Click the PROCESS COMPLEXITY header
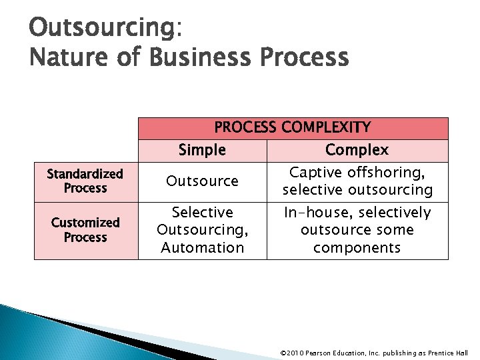point(292,127)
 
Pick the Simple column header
point(202,150)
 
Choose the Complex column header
point(357,150)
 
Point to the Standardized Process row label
point(85,181)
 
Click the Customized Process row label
point(85,230)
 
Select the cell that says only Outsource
point(202,181)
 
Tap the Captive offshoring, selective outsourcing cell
point(357,181)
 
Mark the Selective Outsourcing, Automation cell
point(202,230)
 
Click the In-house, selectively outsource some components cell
point(357,230)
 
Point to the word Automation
point(202,248)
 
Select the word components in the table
point(357,248)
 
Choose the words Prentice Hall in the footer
point(450,353)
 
